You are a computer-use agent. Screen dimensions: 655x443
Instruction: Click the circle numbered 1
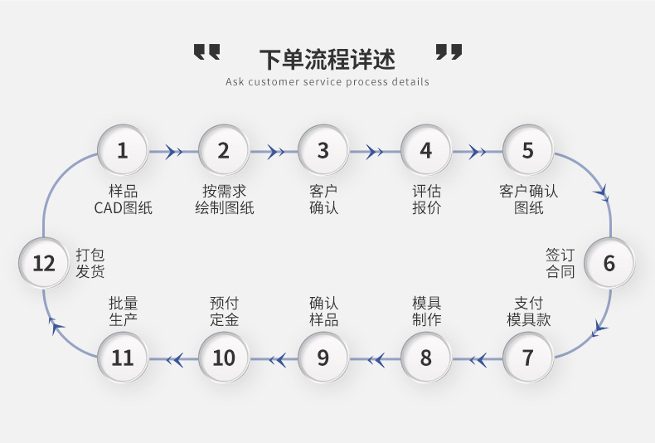(123, 150)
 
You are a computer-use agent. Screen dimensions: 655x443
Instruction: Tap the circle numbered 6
(609, 263)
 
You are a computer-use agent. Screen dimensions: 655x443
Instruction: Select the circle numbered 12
(43, 263)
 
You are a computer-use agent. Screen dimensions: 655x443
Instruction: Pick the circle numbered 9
(323, 358)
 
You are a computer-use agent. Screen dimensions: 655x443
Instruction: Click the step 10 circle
(224, 358)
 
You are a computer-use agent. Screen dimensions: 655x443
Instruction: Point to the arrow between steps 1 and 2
(173, 151)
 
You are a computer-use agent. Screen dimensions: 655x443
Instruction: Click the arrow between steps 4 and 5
(477, 151)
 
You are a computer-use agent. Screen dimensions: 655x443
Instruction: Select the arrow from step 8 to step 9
(375, 359)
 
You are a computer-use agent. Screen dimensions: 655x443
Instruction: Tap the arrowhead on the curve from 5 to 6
(603, 193)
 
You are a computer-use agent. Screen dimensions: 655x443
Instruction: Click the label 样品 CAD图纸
(123, 200)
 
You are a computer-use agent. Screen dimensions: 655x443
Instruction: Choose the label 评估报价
(426, 200)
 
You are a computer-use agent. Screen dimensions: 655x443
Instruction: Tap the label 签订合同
(560, 263)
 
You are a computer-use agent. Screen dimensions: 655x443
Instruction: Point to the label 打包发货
(90, 263)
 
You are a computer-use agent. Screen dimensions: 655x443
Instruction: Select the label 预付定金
(225, 311)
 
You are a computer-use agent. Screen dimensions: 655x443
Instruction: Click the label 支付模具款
(528, 311)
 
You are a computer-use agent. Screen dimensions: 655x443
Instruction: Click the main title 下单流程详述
(327, 59)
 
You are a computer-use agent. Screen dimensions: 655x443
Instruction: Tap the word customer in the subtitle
(274, 82)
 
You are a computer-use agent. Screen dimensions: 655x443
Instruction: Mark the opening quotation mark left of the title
(206, 51)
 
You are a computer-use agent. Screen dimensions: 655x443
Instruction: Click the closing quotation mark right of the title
(449, 51)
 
